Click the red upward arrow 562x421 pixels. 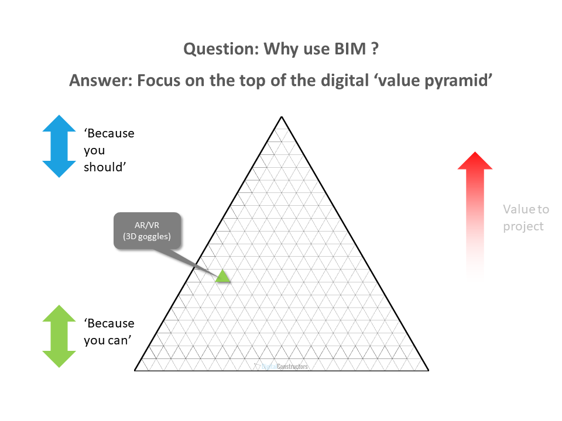tap(475, 210)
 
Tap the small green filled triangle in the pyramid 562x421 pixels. tap(222, 276)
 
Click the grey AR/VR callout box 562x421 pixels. tap(148, 230)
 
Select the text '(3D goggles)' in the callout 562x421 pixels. tap(148, 236)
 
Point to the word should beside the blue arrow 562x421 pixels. tap(107, 167)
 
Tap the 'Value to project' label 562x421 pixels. tap(526, 218)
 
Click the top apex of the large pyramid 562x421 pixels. tap(282, 117)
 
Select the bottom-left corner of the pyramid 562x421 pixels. tap(136, 370)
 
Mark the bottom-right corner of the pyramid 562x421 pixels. tap(428, 370)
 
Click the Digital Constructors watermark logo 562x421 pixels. tap(282, 367)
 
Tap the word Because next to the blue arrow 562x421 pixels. tap(109, 133)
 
